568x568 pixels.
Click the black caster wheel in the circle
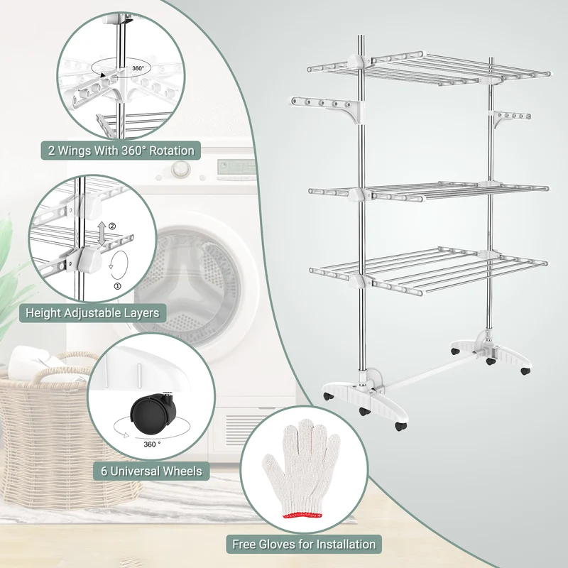pos(154,414)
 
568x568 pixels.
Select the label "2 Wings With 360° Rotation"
pos(121,151)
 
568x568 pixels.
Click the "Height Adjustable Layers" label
pos(92,312)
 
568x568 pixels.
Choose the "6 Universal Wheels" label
pos(151,471)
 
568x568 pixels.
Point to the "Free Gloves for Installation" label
pos(304,544)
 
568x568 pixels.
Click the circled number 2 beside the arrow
pos(112,226)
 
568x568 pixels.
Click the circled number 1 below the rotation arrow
pos(118,286)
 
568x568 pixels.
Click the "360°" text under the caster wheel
pos(152,444)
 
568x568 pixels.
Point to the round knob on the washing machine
pos(180,169)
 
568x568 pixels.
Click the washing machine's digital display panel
pos(236,167)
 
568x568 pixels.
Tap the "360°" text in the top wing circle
pos(138,68)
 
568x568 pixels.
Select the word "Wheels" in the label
pos(183,471)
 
